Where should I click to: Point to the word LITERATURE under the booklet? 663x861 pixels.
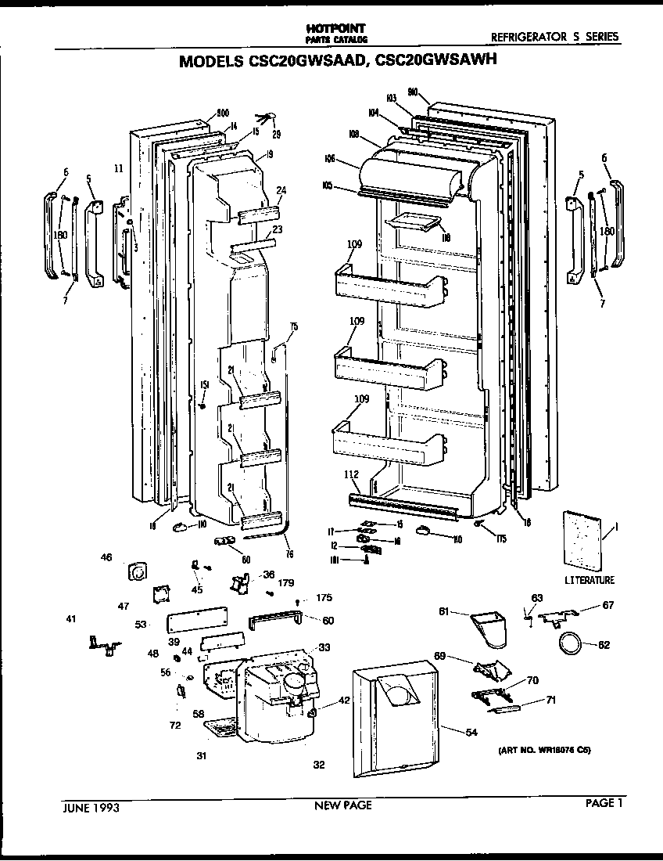pyautogui.click(x=590, y=580)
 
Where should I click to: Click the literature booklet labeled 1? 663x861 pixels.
pyautogui.click(x=584, y=541)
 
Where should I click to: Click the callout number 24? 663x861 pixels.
pyautogui.click(x=281, y=189)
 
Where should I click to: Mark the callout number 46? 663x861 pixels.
pyautogui.click(x=106, y=557)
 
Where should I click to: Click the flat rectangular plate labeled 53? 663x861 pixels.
pyautogui.click(x=195, y=621)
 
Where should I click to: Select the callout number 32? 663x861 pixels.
pyautogui.click(x=319, y=765)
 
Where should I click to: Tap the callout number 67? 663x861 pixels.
pyautogui.click(x=609, y=604)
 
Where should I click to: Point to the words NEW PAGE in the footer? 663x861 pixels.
pyautogui.click(x=342, y=805)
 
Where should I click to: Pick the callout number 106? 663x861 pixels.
pyautogui.click(x=329, y=159)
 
